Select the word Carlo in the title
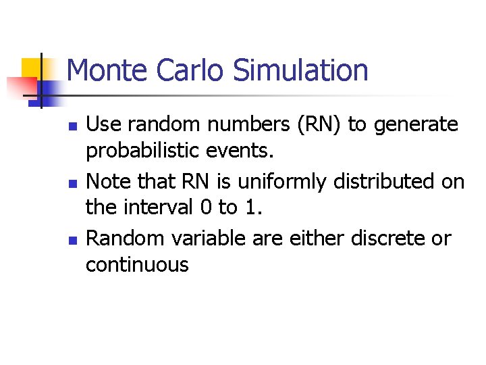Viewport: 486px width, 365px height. tap(185, 70)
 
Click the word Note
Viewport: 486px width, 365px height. tap(108, 181)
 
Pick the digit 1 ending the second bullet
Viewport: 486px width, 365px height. tap(251, 207)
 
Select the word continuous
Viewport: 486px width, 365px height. tap(137, 264)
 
